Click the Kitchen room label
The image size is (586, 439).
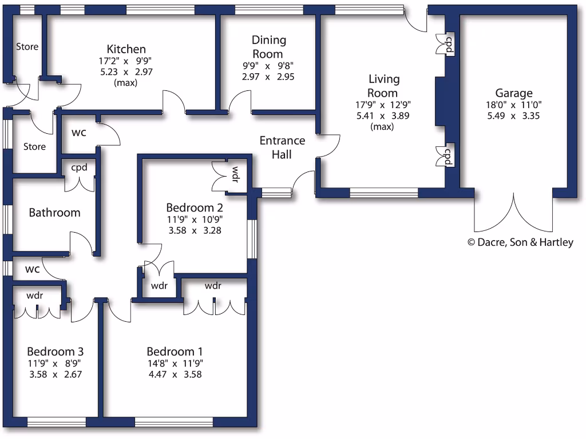point(126,49)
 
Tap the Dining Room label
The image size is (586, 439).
point(268,47)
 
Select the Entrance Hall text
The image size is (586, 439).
point(282,147)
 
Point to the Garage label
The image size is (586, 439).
point(513,93)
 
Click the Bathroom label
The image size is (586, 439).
point(54,213)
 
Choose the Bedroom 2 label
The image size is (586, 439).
point(194,207)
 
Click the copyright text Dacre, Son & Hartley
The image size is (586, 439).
point(520,242)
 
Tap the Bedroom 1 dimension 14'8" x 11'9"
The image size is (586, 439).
point(175,364)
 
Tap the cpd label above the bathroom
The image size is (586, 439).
point(78,168)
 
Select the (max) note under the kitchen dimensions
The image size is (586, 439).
point(126,83)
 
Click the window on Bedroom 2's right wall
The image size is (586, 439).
point(251,239)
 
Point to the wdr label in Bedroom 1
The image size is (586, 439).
point(212,286)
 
